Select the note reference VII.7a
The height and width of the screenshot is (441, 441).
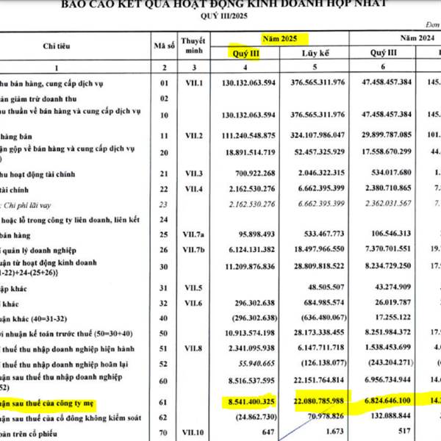point(193,234)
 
